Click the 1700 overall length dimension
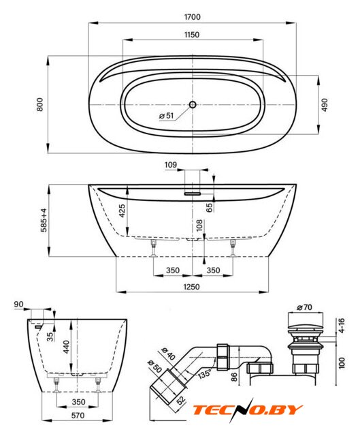[x=192, y=17]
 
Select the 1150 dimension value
[x=192, y=35]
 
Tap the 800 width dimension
[x=40, y=104]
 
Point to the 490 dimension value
[x=325, y=105]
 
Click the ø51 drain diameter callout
[x=167, y=115]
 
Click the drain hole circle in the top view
[x=193, y=105]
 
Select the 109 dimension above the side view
[x=171, y=165]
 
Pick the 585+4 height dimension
[x=44, y=220]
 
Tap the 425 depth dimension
[x=122, y=211]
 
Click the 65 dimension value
[x=210, y=207]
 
